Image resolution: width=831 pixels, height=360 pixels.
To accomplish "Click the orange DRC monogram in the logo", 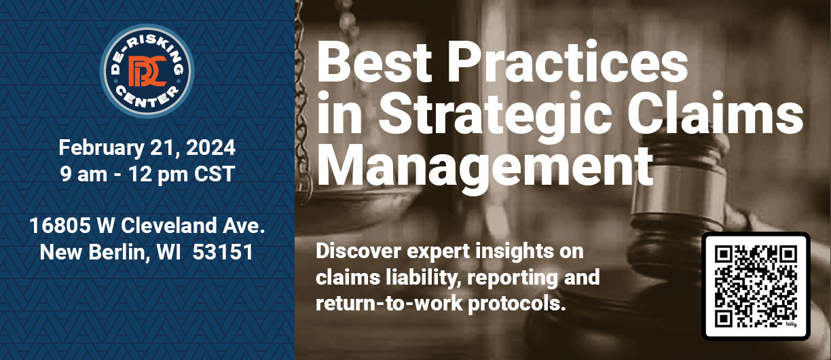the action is coord(147,71).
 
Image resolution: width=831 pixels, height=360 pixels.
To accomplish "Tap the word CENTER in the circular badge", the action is coord(147,97).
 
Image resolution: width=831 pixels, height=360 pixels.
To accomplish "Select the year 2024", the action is coord(210,147).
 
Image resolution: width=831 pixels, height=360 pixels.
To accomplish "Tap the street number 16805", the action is coord(60,226).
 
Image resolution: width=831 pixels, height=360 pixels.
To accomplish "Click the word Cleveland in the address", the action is coord(169,226).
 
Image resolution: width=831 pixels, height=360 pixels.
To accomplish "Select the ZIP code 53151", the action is coord(223,253).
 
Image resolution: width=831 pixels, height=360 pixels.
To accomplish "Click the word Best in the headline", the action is coord(374,62).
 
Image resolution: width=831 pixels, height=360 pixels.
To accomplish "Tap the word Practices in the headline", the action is coord(568,62).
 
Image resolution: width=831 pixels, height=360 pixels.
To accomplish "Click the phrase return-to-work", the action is coord(389,303).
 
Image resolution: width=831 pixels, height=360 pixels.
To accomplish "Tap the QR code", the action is coord(756,286).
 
